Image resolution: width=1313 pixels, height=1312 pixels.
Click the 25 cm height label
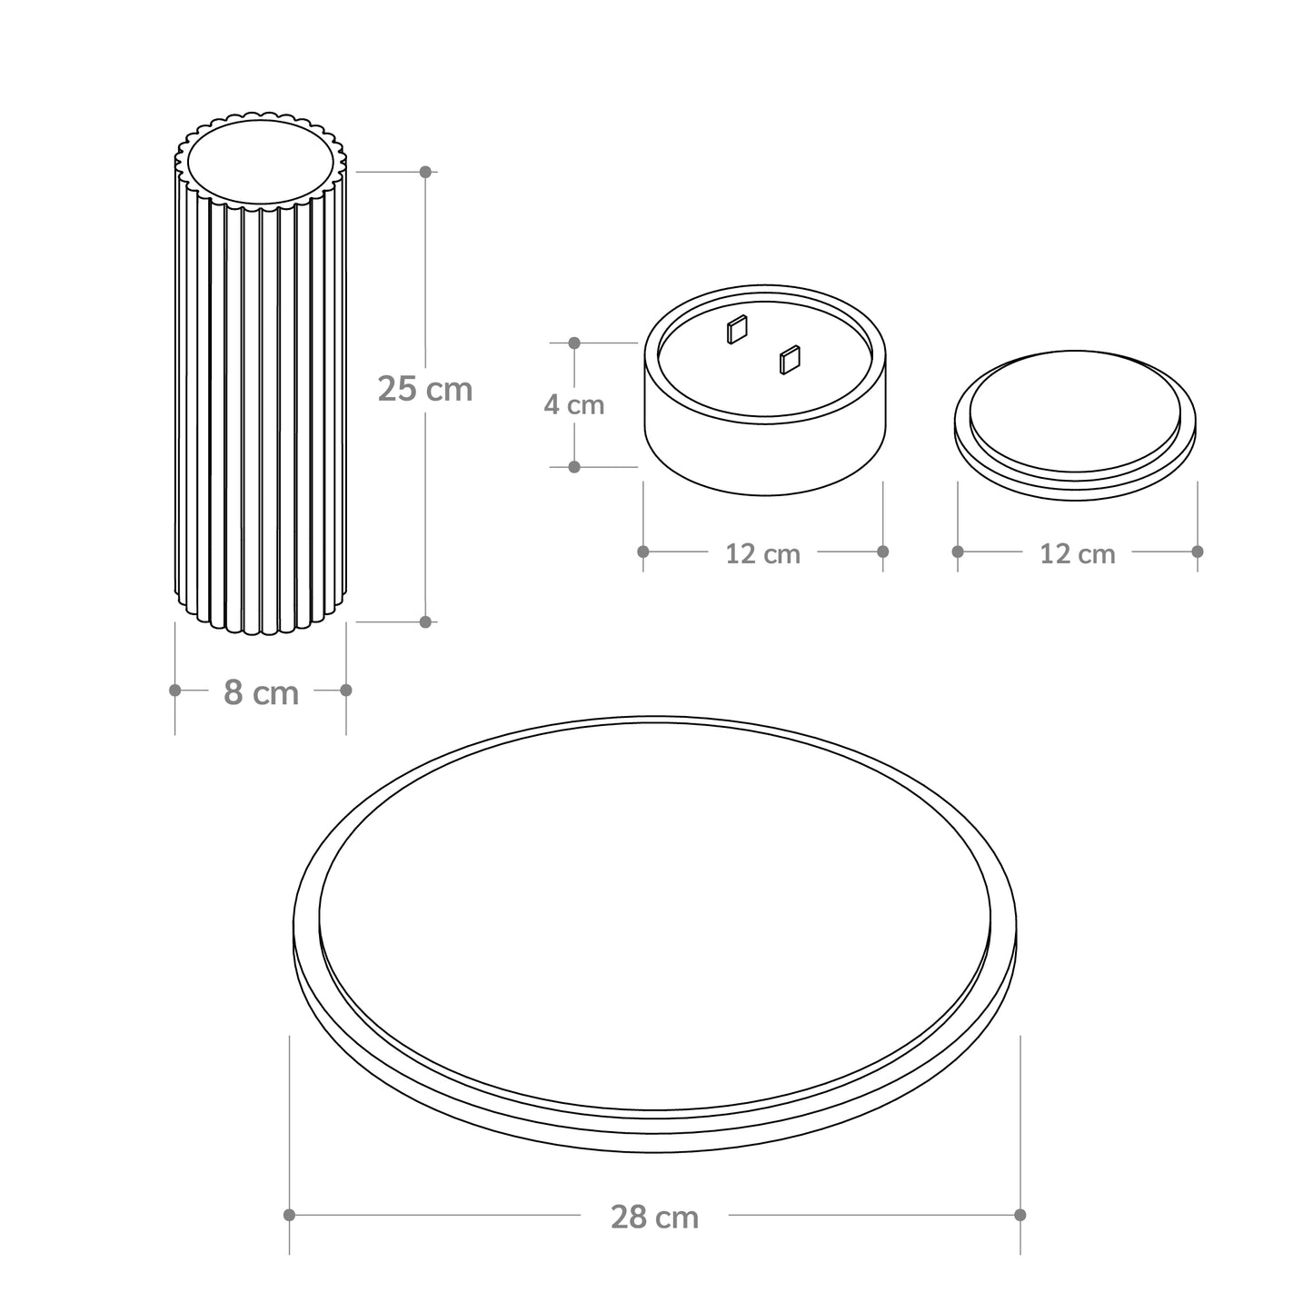tap(425, 389)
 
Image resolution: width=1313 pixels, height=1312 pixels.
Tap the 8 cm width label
tap(261, 693)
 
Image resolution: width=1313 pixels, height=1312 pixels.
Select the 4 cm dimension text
tap(573, 405)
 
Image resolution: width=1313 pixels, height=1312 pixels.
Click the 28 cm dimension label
tap(655, 1218)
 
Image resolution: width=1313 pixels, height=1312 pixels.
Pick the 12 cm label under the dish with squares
tap(762, 553)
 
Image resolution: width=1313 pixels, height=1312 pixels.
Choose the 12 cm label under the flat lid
tap(1078, 553)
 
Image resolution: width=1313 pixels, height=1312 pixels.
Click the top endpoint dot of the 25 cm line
tap(426, 172)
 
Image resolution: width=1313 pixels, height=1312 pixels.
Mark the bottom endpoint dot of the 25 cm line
tap(426, 621)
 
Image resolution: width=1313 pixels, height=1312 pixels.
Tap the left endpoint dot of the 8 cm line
tap(175, 691)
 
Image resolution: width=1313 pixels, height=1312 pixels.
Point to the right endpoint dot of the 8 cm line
tap(346, 691)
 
